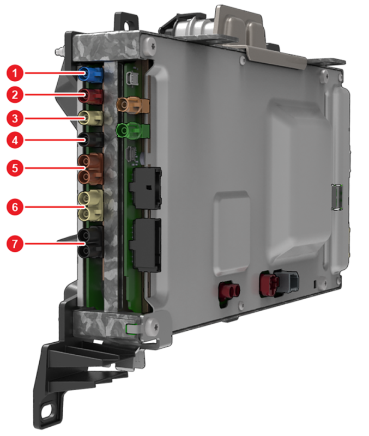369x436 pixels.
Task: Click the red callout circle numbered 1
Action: [15, 73]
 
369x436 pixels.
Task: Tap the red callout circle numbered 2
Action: [15, 95]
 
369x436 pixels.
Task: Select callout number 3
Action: [15, 118]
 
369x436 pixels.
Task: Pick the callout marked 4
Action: [15, 140]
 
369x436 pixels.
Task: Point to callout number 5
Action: [15, 168]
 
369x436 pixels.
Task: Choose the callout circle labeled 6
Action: [15, 207]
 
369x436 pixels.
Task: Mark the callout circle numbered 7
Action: [15, 244]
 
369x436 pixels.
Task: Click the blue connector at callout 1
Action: [90, 74]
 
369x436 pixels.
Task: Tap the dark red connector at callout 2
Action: [90, 96]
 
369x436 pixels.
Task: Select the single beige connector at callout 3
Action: [90, 118]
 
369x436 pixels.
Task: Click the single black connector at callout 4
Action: [90, 140]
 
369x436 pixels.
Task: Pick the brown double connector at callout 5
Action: [90, 168]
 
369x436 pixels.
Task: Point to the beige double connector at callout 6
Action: [90, 206]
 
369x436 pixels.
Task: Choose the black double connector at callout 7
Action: [90, 243]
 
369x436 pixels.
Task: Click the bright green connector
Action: [132, 131]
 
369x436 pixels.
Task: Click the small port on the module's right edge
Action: [337, 197]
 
